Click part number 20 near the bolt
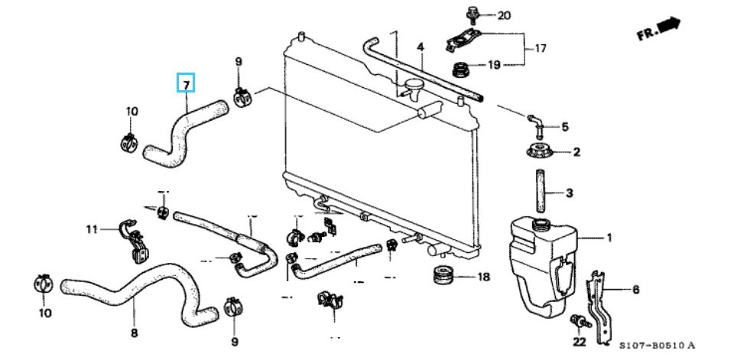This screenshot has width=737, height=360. (503, 15)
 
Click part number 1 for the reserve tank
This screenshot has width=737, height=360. (609, 238)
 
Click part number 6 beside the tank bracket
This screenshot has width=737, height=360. (635, 290)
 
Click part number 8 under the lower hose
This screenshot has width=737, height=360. (134, 332)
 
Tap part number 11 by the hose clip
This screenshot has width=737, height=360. (92, 229)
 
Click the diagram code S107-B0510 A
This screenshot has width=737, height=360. (657, 345)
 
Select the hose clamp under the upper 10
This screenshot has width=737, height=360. (130, 141)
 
